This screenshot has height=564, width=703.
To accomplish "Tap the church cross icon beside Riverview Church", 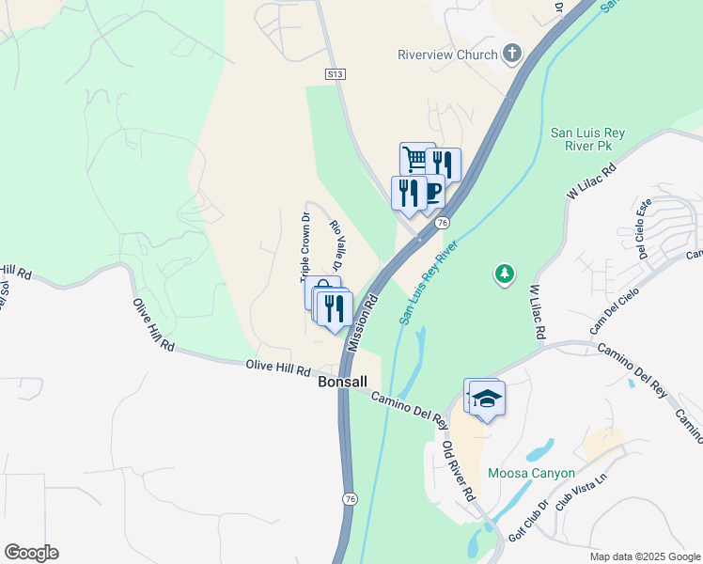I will (x=511, y=54).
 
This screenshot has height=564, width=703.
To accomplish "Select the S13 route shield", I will (x=336, y=72).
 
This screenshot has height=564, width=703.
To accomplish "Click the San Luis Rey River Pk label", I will (x=575, y=140).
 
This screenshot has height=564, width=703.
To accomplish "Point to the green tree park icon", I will (x=505, y=274).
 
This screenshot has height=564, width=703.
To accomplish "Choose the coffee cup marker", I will (x=433, y=192).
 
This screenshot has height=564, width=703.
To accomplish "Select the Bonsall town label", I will (x=342, y=383).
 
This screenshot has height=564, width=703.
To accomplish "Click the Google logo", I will (x=31, y=553).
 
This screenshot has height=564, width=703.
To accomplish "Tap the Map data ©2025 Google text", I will (x=644, y=556).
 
